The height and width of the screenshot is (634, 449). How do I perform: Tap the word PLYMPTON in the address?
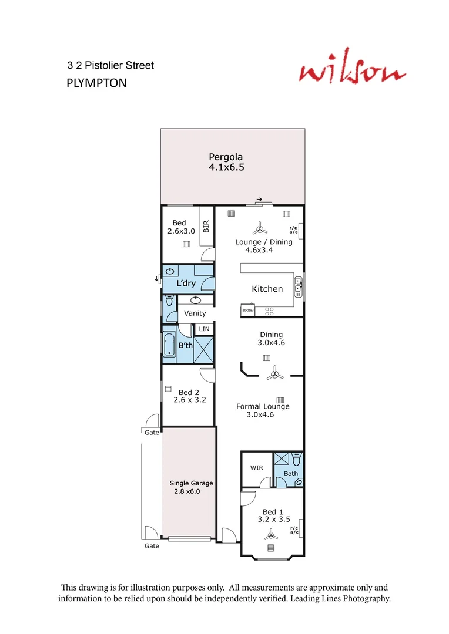pyautogui.click(x=96, y=83)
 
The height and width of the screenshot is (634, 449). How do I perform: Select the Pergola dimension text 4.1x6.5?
pyautogui.click(x=226, y=167)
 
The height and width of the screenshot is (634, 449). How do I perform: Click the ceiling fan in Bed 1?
pyautogui.click(x=271, y=534)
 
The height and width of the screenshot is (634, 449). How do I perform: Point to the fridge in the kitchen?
pyautogui.click(x=247, y=309)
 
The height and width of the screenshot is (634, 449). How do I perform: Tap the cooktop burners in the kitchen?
pyautogui.click(x=270, y=309)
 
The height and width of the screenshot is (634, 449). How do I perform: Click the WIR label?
pyautogui.click(x=256, y=468)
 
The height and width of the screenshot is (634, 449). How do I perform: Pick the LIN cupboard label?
pyautogui.click(x=204, y=329)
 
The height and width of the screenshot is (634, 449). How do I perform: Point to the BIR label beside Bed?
pyautogui.click(x=206, y=227)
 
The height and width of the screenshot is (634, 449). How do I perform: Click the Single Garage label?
pyautogui.click(x=191, y=483)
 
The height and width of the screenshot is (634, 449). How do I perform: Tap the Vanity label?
pyautogui.click(x=195, y=313)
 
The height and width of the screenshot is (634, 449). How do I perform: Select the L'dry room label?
pyautogui.click(x=186, y=284)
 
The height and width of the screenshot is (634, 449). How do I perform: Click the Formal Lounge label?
pyautogui.click(x=263, y=406)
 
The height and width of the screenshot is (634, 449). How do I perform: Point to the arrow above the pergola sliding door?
pyautogui.click(x=259, y=200)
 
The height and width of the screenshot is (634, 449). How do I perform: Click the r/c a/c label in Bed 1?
pyautogui.click(x=294, y=530)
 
